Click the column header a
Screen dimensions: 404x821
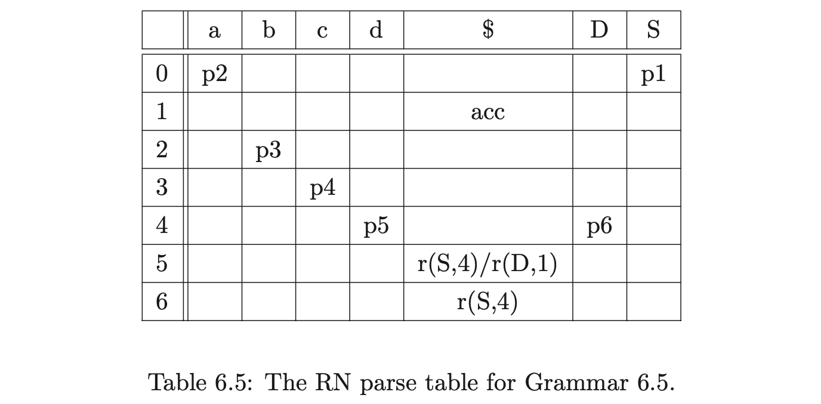[x=214, y=30]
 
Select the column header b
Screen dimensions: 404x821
[x=268, y=30]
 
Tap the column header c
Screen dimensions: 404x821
[x=322, y=30]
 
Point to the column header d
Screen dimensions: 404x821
[x=376, y=30]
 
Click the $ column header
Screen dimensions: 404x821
[x=487, y=30]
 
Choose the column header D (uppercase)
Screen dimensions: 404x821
[x=599, y=30]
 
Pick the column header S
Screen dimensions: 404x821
[x=653, y=30]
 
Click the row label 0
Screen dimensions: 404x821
[x=162, y=74]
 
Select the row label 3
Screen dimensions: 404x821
[x=162, y=188]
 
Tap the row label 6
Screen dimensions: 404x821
[x=162, y=302]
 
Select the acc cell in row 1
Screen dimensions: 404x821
[x=487, y=112]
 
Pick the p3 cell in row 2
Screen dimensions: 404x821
[x=268, y=151]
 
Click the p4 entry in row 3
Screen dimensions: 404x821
[x=322, y=189]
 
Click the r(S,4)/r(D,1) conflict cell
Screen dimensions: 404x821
[x=487, y=264]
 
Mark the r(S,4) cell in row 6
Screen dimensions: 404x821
[x=487, y=302]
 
